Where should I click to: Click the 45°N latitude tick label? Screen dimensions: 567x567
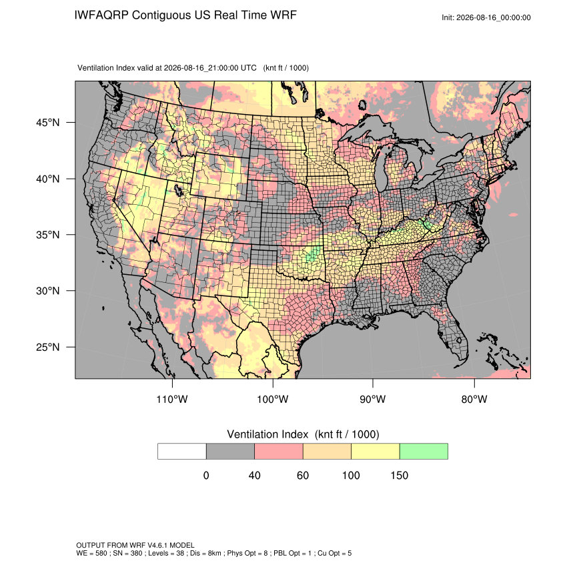(x=48, y=123)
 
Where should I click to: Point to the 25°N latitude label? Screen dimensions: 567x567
(x=48, y=347)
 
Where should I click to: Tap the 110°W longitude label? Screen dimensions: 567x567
(x=172, y=399)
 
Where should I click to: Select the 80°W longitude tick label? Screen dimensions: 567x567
(x=474, y=399)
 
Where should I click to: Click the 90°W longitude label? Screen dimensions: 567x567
(x=372, y=399)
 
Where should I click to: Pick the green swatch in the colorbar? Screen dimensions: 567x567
(x=424, y=452)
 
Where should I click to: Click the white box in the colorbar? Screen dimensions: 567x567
(x=182, y=452)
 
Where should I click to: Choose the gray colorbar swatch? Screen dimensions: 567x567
(x=230, y=452)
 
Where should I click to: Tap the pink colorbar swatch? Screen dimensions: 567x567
(x=279, y=452)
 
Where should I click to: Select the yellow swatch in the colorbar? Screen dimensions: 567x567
(x=376, y=452)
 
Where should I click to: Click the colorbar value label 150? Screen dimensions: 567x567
(x=399, y=475)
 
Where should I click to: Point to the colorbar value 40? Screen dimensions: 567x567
(x=255, y=475)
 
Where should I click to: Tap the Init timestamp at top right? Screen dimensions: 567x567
(x=486, y=17)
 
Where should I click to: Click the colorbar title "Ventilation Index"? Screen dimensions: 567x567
(x=267, y=434)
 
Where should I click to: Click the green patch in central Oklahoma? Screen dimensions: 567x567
(x=312, y=254)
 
